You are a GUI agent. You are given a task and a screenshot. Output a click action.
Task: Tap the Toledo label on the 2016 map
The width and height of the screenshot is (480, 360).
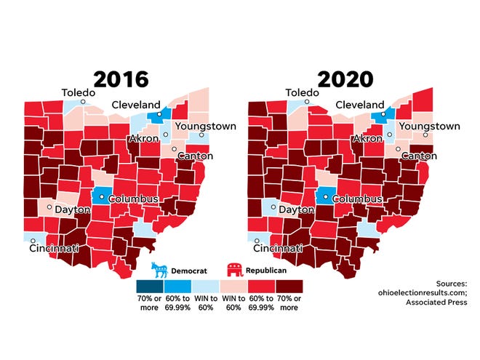(80, 92)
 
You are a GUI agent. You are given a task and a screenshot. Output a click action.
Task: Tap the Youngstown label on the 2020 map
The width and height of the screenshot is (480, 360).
(430, 126)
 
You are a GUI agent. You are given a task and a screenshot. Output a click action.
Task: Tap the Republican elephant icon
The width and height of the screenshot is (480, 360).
(236, 271)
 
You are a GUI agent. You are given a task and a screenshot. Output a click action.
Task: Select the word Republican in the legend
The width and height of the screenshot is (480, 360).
(266, 271)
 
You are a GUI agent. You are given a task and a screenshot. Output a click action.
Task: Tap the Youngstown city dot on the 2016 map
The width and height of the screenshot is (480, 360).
(201, 135)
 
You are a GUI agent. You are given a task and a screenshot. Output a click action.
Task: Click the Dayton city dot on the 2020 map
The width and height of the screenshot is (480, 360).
(273, 207)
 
